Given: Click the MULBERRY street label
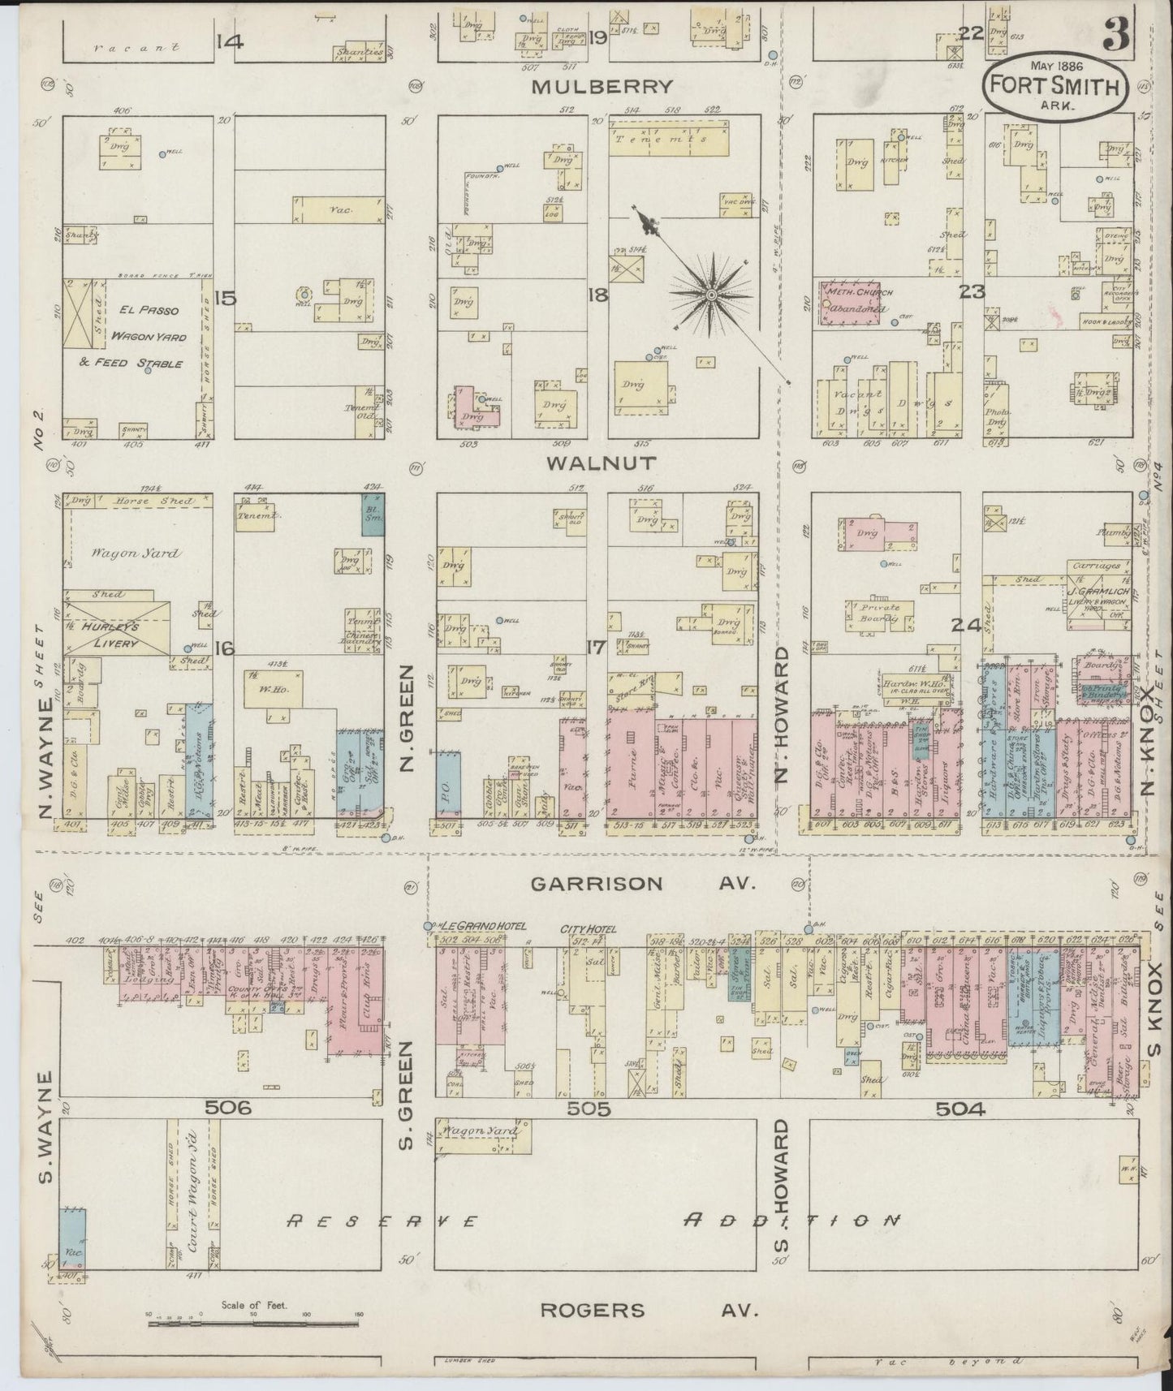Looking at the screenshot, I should pos(602,86).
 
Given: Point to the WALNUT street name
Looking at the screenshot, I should pos(602,463).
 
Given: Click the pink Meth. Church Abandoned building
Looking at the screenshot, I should pos(852,304).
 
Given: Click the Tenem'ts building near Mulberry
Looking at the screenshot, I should pos(667,140).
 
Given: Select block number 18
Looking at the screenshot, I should pos(597,295).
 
